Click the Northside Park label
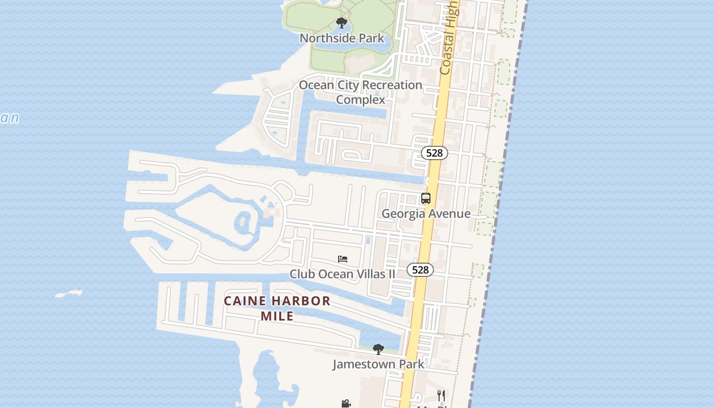point(342,38)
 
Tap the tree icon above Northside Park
point(342,23)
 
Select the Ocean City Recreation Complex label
point(360,85)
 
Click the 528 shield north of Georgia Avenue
point(434,153)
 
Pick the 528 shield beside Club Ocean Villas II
point(420,270)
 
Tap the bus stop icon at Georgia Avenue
point(426,198)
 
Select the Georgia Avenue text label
point(426,214)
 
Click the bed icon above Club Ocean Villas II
point(343,259)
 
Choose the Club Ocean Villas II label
point(342,274)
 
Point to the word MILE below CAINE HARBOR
point(277,316)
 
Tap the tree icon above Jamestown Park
point(378,349)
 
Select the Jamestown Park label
point(378,364)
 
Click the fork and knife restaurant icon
point(441,395)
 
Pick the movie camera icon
point(346,404)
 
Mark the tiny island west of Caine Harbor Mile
point(68,294)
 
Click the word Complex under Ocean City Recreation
point(360,99)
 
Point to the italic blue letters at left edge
point(9,118)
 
